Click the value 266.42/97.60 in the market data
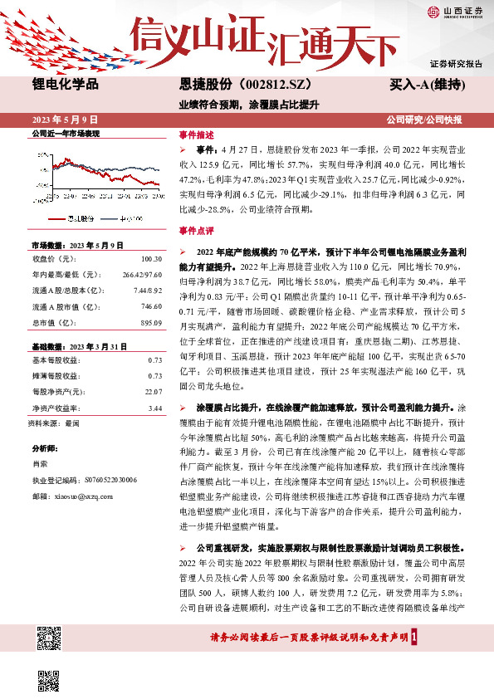(142, 273)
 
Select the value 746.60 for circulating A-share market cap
(149, 306)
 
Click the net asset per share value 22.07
(152, 391)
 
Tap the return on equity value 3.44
(154, 408)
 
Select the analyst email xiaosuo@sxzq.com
(76, 496)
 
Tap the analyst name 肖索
(40, 464)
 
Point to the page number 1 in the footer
(413, 637)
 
